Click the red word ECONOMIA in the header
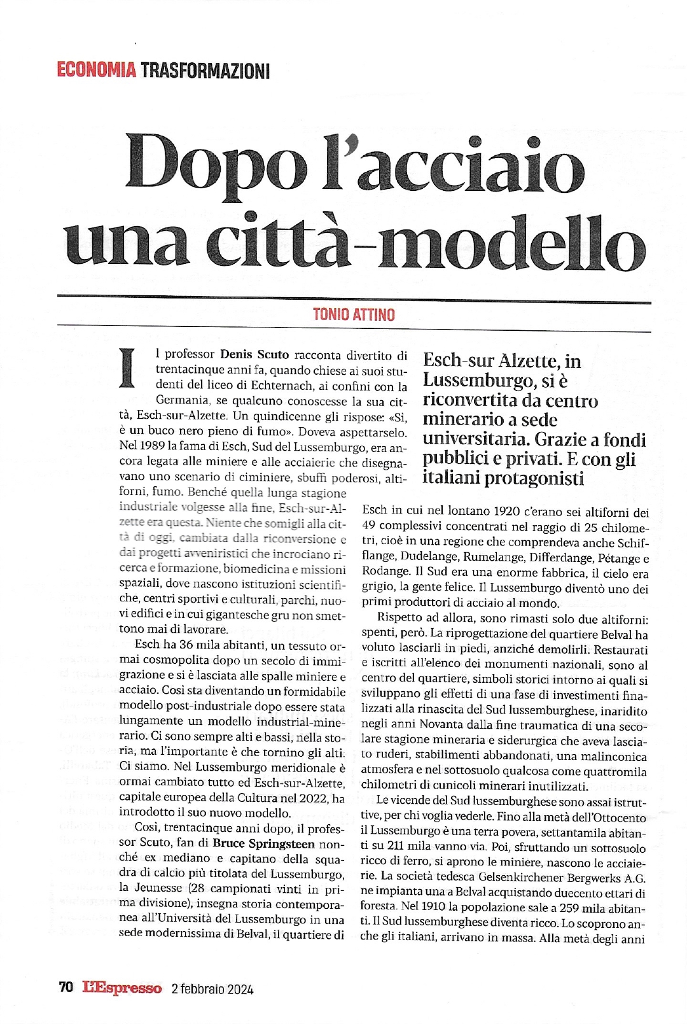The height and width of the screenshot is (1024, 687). [96, 69]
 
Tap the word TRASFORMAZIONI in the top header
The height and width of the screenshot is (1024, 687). [205, 69]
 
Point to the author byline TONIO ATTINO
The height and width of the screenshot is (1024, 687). [354, 314]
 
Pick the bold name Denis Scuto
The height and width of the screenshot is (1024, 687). [254, 355]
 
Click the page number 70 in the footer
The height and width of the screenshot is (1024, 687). [66, 988]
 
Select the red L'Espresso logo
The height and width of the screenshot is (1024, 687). [121, 988]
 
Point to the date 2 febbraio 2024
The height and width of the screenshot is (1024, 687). [212, 988]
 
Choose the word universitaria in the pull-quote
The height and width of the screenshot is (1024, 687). [476, 440]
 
